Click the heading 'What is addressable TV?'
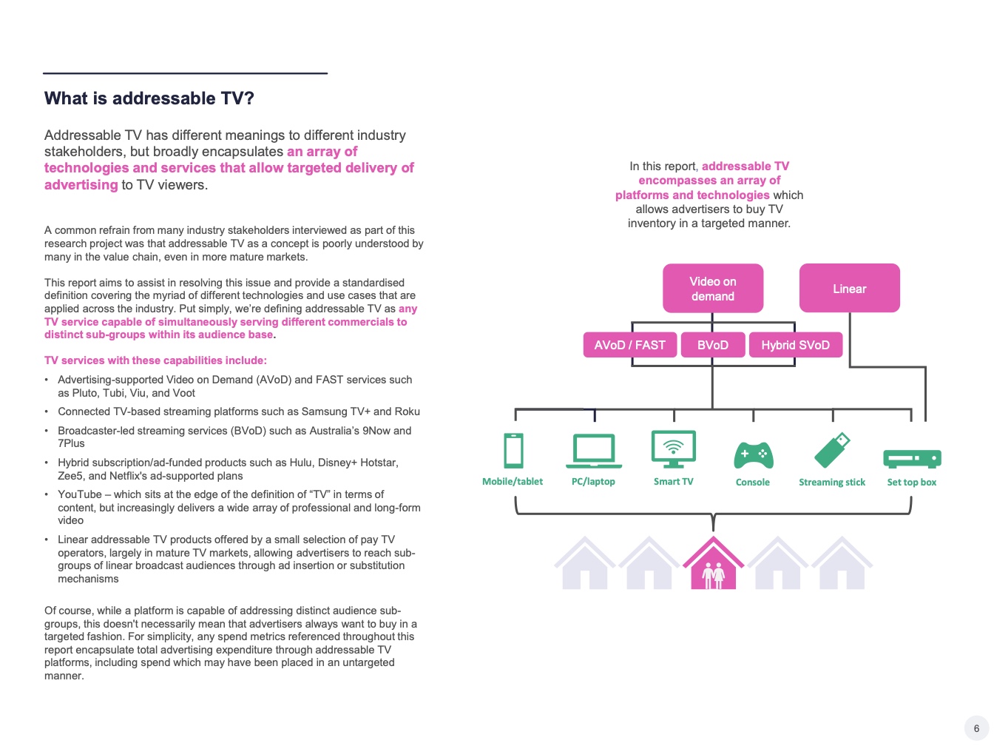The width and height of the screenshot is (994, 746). (x=149, y=98)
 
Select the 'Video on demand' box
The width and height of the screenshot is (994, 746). (x=712, y=289)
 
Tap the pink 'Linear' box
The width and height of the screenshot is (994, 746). (x=849, y=289)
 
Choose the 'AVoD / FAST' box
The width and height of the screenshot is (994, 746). (x=629, y=345)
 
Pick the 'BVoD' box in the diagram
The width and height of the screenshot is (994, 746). (x=712, y=345)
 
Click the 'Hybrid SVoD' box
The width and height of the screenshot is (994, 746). (x=795, y=345)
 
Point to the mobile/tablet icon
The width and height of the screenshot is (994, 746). (x=513, y=451)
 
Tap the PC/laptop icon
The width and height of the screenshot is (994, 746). (x=593, y=451)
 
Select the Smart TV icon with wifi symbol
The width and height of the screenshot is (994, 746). (x=673, y=449)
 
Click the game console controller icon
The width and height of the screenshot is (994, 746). (x=753, y=454)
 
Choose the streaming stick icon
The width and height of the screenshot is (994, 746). (x=832, y=451)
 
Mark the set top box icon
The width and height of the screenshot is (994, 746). (x=912, y=459)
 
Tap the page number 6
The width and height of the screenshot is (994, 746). (x=976, y=728)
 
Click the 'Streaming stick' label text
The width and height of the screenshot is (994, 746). (x=832, y=483)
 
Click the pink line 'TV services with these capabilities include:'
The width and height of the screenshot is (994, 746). (x=155, y=360)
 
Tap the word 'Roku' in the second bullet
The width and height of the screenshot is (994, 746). (x=407, y=411)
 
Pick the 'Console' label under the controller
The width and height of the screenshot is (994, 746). (x=753, y=483)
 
